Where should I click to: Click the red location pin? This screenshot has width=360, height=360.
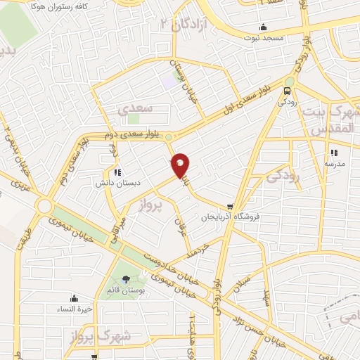tap(181, 165)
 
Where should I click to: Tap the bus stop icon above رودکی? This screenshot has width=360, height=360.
tap(287, 91)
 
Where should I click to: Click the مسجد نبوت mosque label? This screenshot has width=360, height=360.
tap(263, 39)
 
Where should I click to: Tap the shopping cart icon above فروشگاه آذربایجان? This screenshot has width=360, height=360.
tap(210, 206)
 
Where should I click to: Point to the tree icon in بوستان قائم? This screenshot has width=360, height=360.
tap(126, 279)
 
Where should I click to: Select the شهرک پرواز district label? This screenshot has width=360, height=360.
tap(93, 337)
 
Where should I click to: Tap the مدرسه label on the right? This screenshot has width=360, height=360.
tap(333, 162)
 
